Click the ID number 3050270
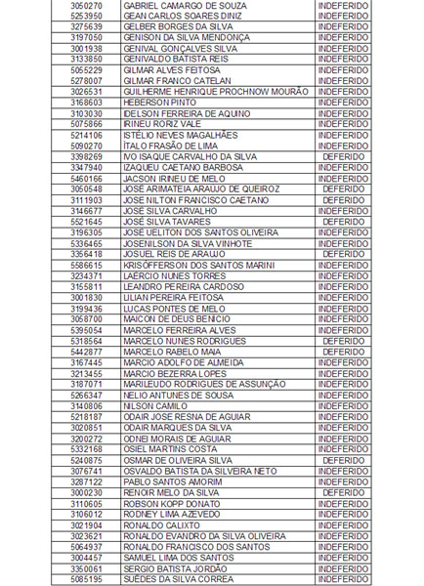(x=86, y=5)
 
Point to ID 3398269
(x=86, y=156)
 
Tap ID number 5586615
(x=86, y=265)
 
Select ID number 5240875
(x=86, y=460)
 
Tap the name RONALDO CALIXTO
(x=158, y=524)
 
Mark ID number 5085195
(x=86, y=579)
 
